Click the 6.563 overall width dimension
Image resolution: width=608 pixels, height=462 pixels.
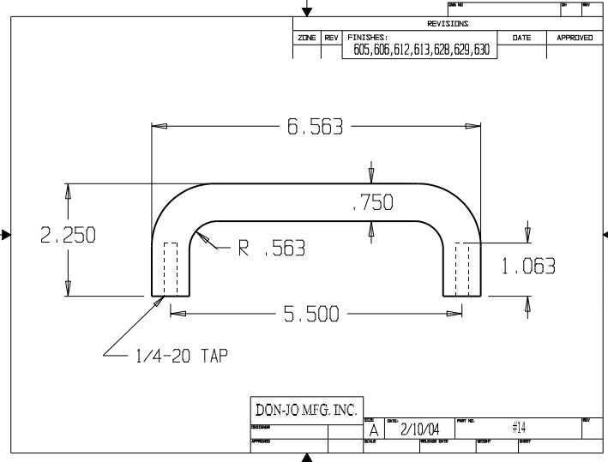coord(315,127)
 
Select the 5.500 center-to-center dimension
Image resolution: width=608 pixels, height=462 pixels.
coord(312,314)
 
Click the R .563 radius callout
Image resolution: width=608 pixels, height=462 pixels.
coord(271,249)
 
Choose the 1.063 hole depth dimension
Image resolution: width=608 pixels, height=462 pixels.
coord(528,267)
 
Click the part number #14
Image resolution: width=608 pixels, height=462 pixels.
coord(518,427)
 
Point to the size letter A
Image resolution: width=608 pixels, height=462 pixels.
coord(373,431)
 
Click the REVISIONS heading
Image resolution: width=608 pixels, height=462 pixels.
coord(448,24)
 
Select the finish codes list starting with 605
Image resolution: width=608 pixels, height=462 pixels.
coord(422,51)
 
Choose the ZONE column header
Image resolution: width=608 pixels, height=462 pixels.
coord(307,39)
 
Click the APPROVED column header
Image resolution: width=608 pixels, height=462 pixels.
coord(575,39)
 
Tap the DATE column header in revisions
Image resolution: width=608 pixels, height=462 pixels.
coord(521,39)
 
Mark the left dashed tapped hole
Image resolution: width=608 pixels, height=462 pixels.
coord(170,269)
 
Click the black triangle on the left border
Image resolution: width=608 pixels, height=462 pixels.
coord(6,233)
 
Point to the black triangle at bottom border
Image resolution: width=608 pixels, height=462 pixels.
coord(306,458)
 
